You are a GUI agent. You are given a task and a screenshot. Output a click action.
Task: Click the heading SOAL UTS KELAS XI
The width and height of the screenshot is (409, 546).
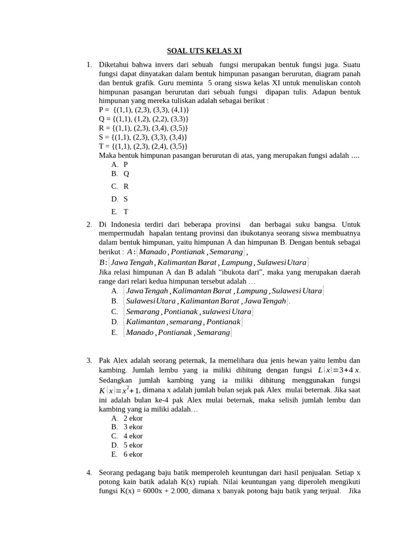point(204,51)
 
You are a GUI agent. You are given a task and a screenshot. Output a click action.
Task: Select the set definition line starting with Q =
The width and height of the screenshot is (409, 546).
point(144,119)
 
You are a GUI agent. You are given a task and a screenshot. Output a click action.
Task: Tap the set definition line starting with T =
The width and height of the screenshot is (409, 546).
point(143,146)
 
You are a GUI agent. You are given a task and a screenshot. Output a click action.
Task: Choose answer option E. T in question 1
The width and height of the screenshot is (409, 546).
point(120,212)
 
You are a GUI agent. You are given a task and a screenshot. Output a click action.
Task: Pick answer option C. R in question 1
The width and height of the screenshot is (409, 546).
point(120,187)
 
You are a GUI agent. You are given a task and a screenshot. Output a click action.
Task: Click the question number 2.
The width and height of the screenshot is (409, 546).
point(89,224)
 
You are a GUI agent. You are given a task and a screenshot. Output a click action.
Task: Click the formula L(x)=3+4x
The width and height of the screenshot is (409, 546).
point(339,370)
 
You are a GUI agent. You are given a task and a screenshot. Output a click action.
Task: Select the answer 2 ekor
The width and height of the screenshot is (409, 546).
point(133,419)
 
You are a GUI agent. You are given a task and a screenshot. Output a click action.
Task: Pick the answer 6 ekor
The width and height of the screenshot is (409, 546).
point(133,455)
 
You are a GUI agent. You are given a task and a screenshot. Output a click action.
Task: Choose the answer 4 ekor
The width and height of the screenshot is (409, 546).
point(133,436)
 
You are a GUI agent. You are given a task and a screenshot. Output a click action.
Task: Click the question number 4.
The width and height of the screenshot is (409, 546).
point(89,472)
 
